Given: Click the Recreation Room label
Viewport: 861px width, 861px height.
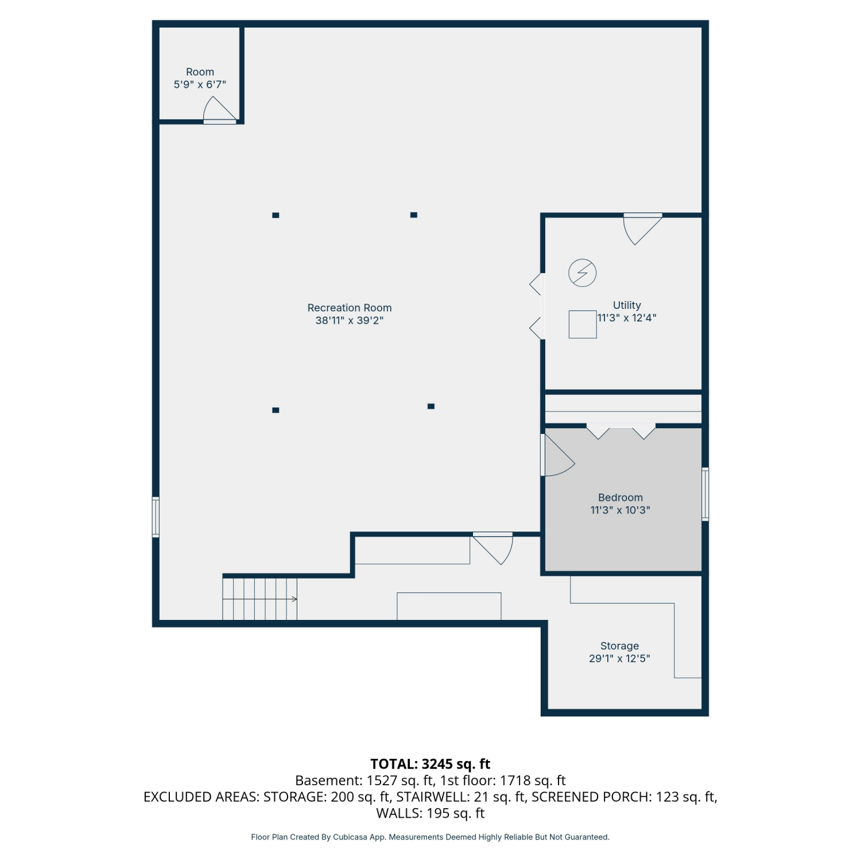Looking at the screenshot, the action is pos(350,308).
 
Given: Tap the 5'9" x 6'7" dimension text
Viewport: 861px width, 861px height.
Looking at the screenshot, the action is pos(200,84).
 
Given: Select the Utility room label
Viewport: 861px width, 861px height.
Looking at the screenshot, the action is pos(627,305).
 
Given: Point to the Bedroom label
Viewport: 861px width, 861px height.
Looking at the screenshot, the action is pos(620,498).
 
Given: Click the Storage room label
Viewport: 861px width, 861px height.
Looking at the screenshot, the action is pos(619,646).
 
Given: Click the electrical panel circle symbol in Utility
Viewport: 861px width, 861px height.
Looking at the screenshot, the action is pos(583,273).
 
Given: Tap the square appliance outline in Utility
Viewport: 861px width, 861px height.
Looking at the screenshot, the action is pos(583,324).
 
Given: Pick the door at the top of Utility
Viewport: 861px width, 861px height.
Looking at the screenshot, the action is pos(643,228).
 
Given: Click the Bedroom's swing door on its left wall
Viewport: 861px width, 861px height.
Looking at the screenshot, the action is pos(557,455).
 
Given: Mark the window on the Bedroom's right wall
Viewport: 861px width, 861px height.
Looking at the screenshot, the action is pos(705,494).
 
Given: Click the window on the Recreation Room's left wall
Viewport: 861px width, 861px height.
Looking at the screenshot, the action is pos(156,517).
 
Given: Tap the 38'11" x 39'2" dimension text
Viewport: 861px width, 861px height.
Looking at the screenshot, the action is pos(350,320).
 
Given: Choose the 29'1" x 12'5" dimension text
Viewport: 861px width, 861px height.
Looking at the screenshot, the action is pos(619,658).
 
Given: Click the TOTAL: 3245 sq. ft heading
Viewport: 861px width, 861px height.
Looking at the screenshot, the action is pos(430,764).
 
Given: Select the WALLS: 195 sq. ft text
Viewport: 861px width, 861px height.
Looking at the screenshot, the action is pos(430,813).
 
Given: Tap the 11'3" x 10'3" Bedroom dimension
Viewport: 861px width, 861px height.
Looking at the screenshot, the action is pos(620,510).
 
